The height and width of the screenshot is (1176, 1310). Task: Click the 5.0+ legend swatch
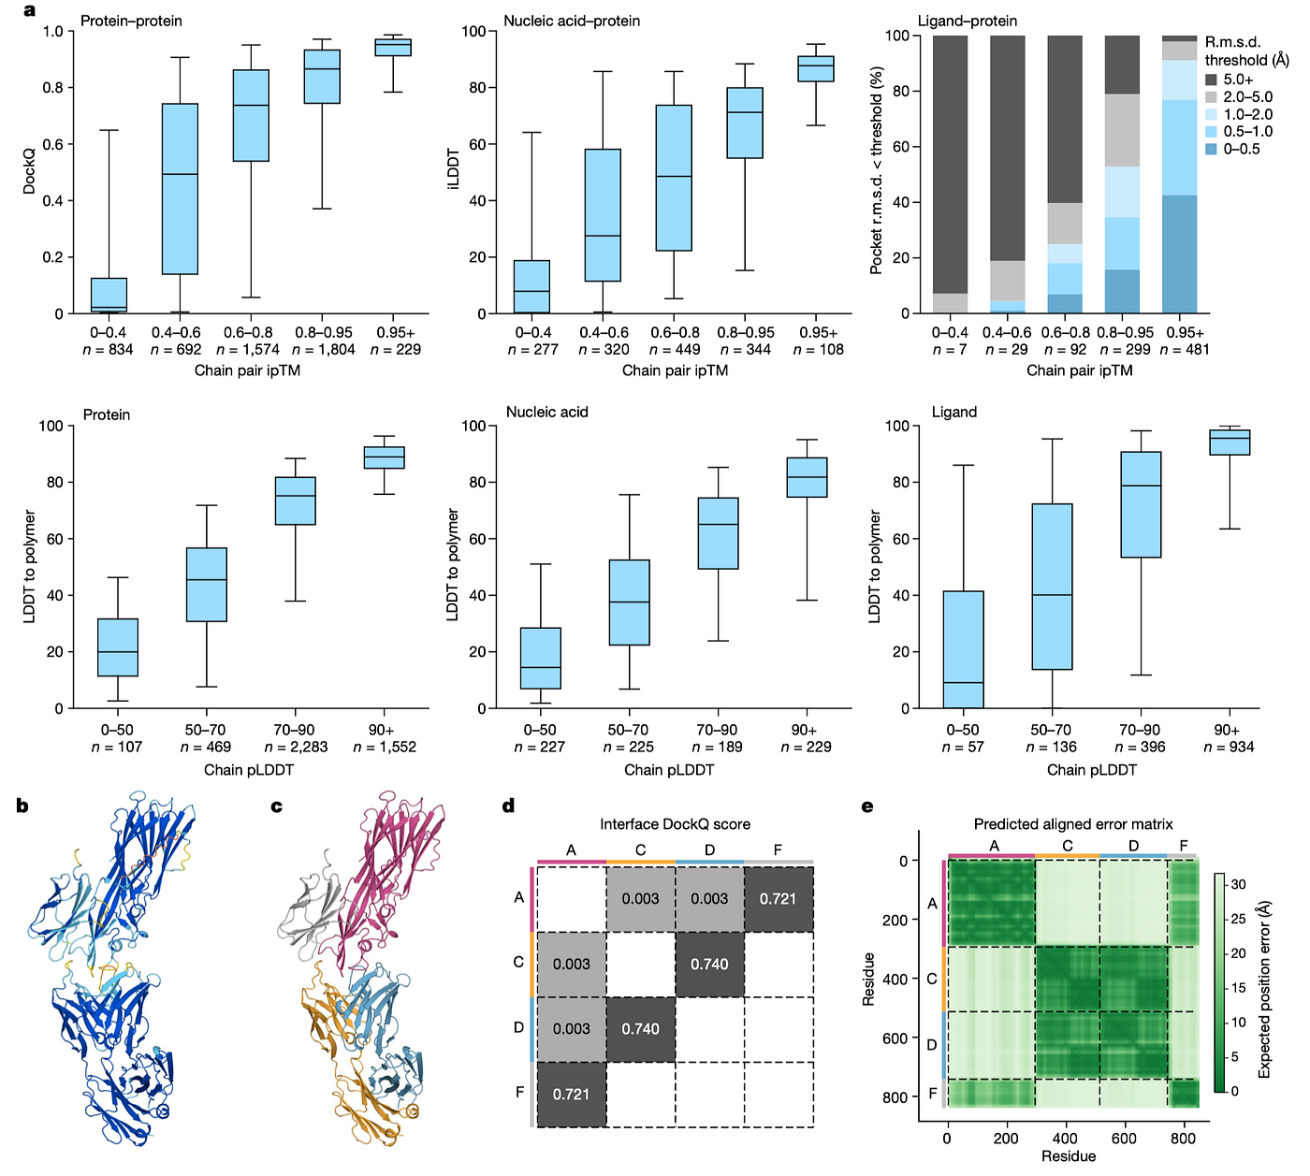click(1211, 80)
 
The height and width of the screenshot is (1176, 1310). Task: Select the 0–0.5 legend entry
click(1232, 150)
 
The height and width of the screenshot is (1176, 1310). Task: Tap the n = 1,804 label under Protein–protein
click(324, 350)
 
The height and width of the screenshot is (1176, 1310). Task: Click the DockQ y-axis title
click(28, 170)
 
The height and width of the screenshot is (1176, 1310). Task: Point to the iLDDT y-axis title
click(453, 169)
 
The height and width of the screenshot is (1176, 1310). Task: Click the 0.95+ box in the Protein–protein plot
click(393, 47)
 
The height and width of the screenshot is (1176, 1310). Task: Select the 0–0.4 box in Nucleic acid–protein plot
click(531, 286)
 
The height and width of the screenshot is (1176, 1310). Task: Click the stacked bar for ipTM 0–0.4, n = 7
click(950, 175)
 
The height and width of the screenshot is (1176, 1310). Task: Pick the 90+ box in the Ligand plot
click(1230, 443)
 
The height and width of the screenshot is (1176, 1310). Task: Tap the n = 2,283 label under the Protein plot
click(296, 747)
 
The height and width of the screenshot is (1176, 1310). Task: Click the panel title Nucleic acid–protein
click(572, 21)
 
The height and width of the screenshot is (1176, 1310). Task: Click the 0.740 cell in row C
click(709, 964)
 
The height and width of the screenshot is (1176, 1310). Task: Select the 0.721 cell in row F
click(572, 1095)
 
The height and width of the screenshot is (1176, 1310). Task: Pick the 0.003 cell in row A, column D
click(709, 899)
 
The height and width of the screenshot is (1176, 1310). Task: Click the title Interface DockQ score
click(675, 823)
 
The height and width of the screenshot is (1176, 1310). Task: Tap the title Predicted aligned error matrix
click(1072, 823)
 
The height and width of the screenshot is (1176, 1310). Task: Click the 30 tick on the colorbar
click(1238, 884)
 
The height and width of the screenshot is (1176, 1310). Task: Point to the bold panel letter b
click(22, 806)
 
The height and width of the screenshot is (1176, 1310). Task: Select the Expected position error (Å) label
click(1263, 990)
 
